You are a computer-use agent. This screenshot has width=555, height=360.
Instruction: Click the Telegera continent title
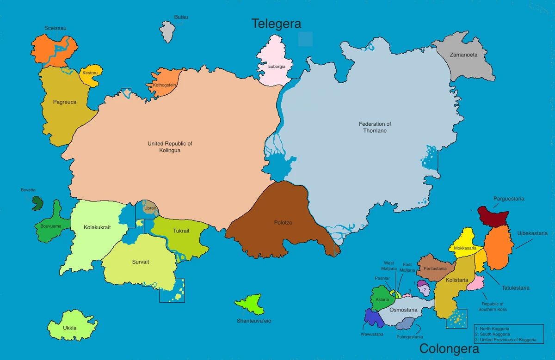(x=276, y=24)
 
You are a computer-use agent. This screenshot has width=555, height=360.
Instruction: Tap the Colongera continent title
(x=449, y=348)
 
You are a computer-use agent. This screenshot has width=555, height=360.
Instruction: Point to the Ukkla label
(x=70, y=328)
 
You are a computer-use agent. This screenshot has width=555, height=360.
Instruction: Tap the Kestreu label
(x=90, y=73)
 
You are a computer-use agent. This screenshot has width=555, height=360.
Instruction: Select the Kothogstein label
(x=161, y=85)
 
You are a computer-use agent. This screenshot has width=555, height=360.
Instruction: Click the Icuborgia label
(x=276, y=67)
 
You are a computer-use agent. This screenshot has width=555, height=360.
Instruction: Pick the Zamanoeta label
(x=463, y=55)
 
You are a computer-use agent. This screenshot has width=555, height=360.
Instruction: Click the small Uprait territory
(x=149, y=207)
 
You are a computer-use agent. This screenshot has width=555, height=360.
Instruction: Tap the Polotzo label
(x=283, y=223)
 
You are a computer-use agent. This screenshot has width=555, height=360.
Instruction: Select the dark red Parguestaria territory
(x=493, y=215)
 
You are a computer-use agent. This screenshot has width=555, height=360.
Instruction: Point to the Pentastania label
(x=435, y=268)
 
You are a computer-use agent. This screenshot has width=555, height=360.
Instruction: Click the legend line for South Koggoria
(x=495, y=334)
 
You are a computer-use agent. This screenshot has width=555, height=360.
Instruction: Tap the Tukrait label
(x=181, y=231)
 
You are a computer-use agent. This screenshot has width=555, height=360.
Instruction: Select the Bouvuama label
(x=51, y=226)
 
